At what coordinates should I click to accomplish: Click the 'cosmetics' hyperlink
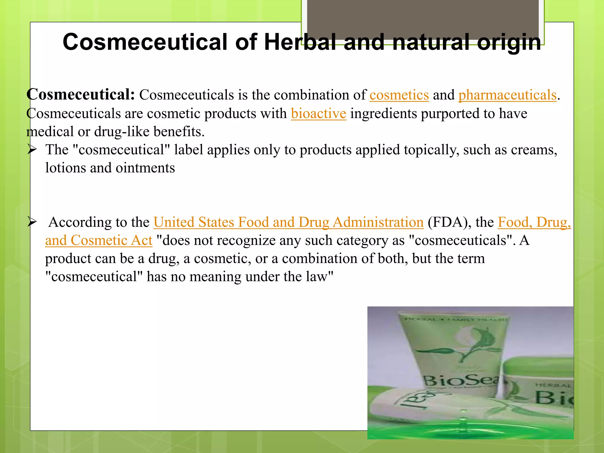pyautogui.click(x=399, y=95)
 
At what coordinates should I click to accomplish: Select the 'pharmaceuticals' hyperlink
pyautogui.click(x=507, y=95)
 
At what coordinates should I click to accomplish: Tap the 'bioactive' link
pyautogui.click(x=318, y=114)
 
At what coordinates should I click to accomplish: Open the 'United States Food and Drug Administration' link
pyautogui.click(x=288, y=222)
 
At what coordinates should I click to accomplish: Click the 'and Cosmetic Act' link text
pyautogui.click(x=99, y=241)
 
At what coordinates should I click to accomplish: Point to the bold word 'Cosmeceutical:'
pyautogui.click(x=81, y=95)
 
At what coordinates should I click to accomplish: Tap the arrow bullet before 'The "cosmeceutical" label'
pyautogui.click(x=32, y=150)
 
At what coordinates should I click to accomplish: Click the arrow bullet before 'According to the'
pyautogui.click(x=32, y=222)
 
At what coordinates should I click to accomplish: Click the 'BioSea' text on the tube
pyautogui.click(x=462, y=380)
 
